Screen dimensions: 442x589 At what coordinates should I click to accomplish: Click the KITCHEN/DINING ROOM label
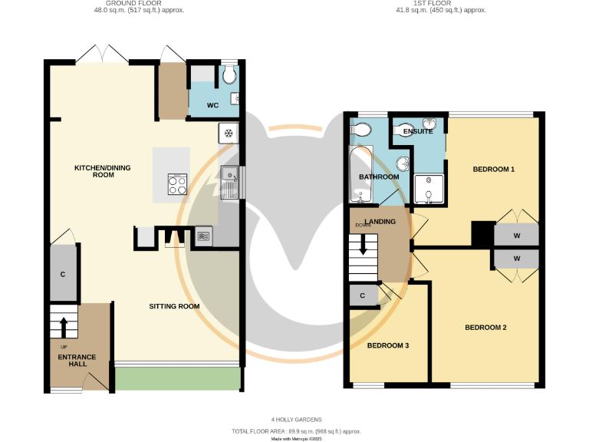94,171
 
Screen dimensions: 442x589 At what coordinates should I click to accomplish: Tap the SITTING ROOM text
174,306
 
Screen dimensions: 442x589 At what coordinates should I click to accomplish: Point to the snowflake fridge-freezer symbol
228,134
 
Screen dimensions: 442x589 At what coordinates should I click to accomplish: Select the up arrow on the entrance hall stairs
64,324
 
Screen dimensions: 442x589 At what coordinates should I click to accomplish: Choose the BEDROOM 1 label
493,169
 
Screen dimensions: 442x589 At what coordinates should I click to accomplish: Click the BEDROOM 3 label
387,346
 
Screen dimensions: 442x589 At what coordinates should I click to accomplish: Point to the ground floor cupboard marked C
63,274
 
